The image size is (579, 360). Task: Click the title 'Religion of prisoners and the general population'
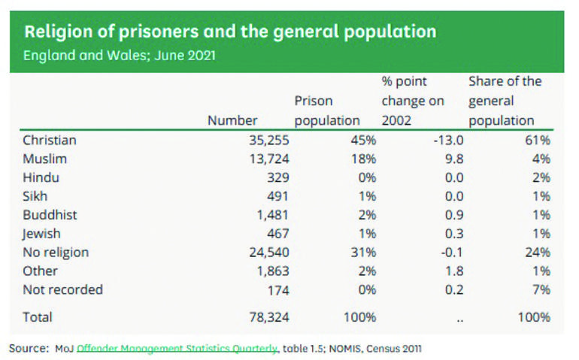[x=230, y=32]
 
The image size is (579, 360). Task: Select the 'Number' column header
[x=232, y=120]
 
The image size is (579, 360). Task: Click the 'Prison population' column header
[x=327, y=110]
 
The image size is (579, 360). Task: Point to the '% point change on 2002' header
[x=413, y=101]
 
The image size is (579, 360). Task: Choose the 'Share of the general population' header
[x=505, y=101]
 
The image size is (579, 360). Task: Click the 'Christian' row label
[x=50, y=141]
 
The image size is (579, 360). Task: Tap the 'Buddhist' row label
[x=50, y=215]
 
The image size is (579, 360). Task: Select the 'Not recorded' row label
[x=62, y=289]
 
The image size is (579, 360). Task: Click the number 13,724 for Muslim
[x=268, y=159]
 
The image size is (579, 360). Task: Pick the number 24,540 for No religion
[x=268, y=253]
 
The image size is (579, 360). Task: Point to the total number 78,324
[x=268, y=317]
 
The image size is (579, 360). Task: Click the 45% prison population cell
[x=362, y=141]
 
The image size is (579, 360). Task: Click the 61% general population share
[x=538, y=141]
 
